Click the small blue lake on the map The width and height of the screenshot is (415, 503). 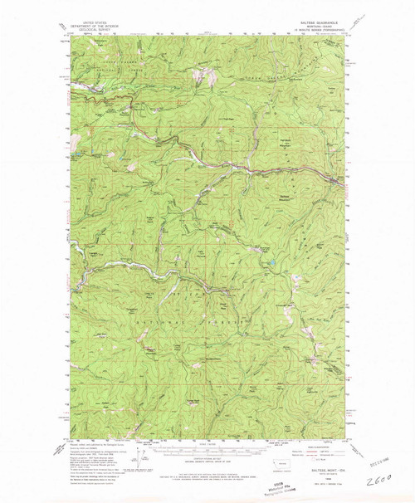click(x=268, y=266)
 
